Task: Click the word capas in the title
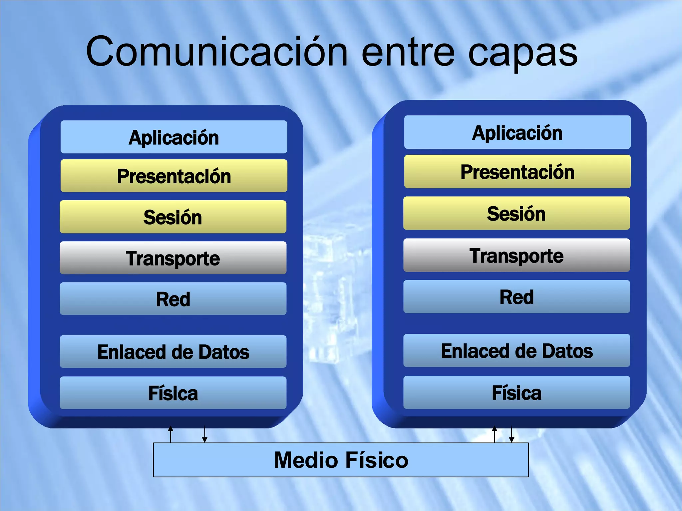tap(522, 53)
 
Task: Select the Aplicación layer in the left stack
tap(174, 137)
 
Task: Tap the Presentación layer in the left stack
tap(174, 176)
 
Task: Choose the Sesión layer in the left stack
tap(173, 217)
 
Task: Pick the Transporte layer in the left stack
tap(173, 258)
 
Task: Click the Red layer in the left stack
tap(173, 299)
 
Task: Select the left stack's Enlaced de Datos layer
tap(173, 352)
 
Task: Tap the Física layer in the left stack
tap(173, 393)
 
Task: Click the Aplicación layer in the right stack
tap(517, 132)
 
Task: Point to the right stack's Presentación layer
tap(517, 172)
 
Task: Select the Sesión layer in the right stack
tap(516, 213)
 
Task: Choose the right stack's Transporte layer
tap(516, 255)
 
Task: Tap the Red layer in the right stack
tap(516, 297)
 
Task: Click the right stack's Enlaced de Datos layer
tap(516, 351)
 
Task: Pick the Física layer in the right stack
tap(516, 393)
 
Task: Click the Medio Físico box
tap(341, 460)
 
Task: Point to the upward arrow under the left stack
tap(170, 434)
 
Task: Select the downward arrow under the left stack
tap(205, 434)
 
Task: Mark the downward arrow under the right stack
tap(511, 434)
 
